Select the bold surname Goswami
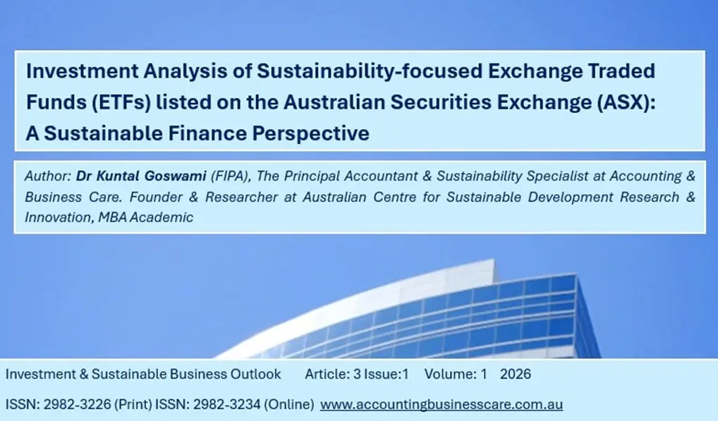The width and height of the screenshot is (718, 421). click(176, 176)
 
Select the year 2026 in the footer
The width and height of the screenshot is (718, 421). click(516, 374)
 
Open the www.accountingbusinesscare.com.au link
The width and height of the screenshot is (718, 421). click(442, 405)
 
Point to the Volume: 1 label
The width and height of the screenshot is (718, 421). click(456, 374)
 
